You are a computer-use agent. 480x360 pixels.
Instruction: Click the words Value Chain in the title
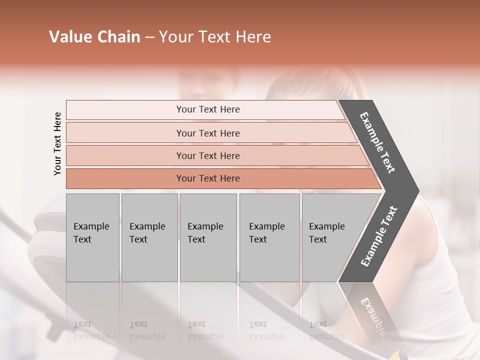[94, 37]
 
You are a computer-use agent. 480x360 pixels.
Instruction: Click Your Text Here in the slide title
[215, 37]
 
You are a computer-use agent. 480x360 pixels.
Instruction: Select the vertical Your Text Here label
[57, 143]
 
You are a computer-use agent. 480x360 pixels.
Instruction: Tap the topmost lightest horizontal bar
[207, 109]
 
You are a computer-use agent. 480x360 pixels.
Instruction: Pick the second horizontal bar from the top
[207, 133]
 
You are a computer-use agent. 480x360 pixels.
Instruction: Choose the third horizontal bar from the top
[207, 155]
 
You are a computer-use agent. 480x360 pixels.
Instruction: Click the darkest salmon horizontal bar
[207, 178]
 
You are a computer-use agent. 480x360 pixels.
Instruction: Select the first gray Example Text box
[92, 237]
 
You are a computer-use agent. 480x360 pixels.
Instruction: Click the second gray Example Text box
[149, 237]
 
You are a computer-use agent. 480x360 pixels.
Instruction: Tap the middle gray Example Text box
[208, 237]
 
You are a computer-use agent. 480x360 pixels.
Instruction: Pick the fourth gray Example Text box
[269, 237]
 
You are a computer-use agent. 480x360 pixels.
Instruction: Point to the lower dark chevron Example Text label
[378, 236]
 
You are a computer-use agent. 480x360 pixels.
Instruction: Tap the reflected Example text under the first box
[91, 336]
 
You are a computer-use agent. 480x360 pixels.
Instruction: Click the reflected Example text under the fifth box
[326, 336]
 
